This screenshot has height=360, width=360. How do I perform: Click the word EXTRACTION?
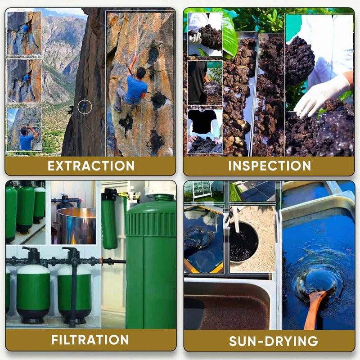[91, 166]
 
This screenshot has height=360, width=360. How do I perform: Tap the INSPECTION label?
[269, 166]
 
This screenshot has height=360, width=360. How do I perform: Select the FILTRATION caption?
[90, 340]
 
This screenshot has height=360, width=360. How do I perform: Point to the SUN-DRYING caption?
[274, 341]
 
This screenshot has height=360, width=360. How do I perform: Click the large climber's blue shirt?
[136, 88]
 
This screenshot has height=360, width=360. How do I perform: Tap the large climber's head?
[141, 72]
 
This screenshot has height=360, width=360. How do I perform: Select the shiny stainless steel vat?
[76, 226]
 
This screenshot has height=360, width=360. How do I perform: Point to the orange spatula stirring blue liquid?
[314, 310]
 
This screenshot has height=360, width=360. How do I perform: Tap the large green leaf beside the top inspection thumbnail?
[229, 35]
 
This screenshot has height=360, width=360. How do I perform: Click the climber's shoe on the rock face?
[117, 108]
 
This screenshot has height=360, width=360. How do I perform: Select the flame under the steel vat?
[73, 239]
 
